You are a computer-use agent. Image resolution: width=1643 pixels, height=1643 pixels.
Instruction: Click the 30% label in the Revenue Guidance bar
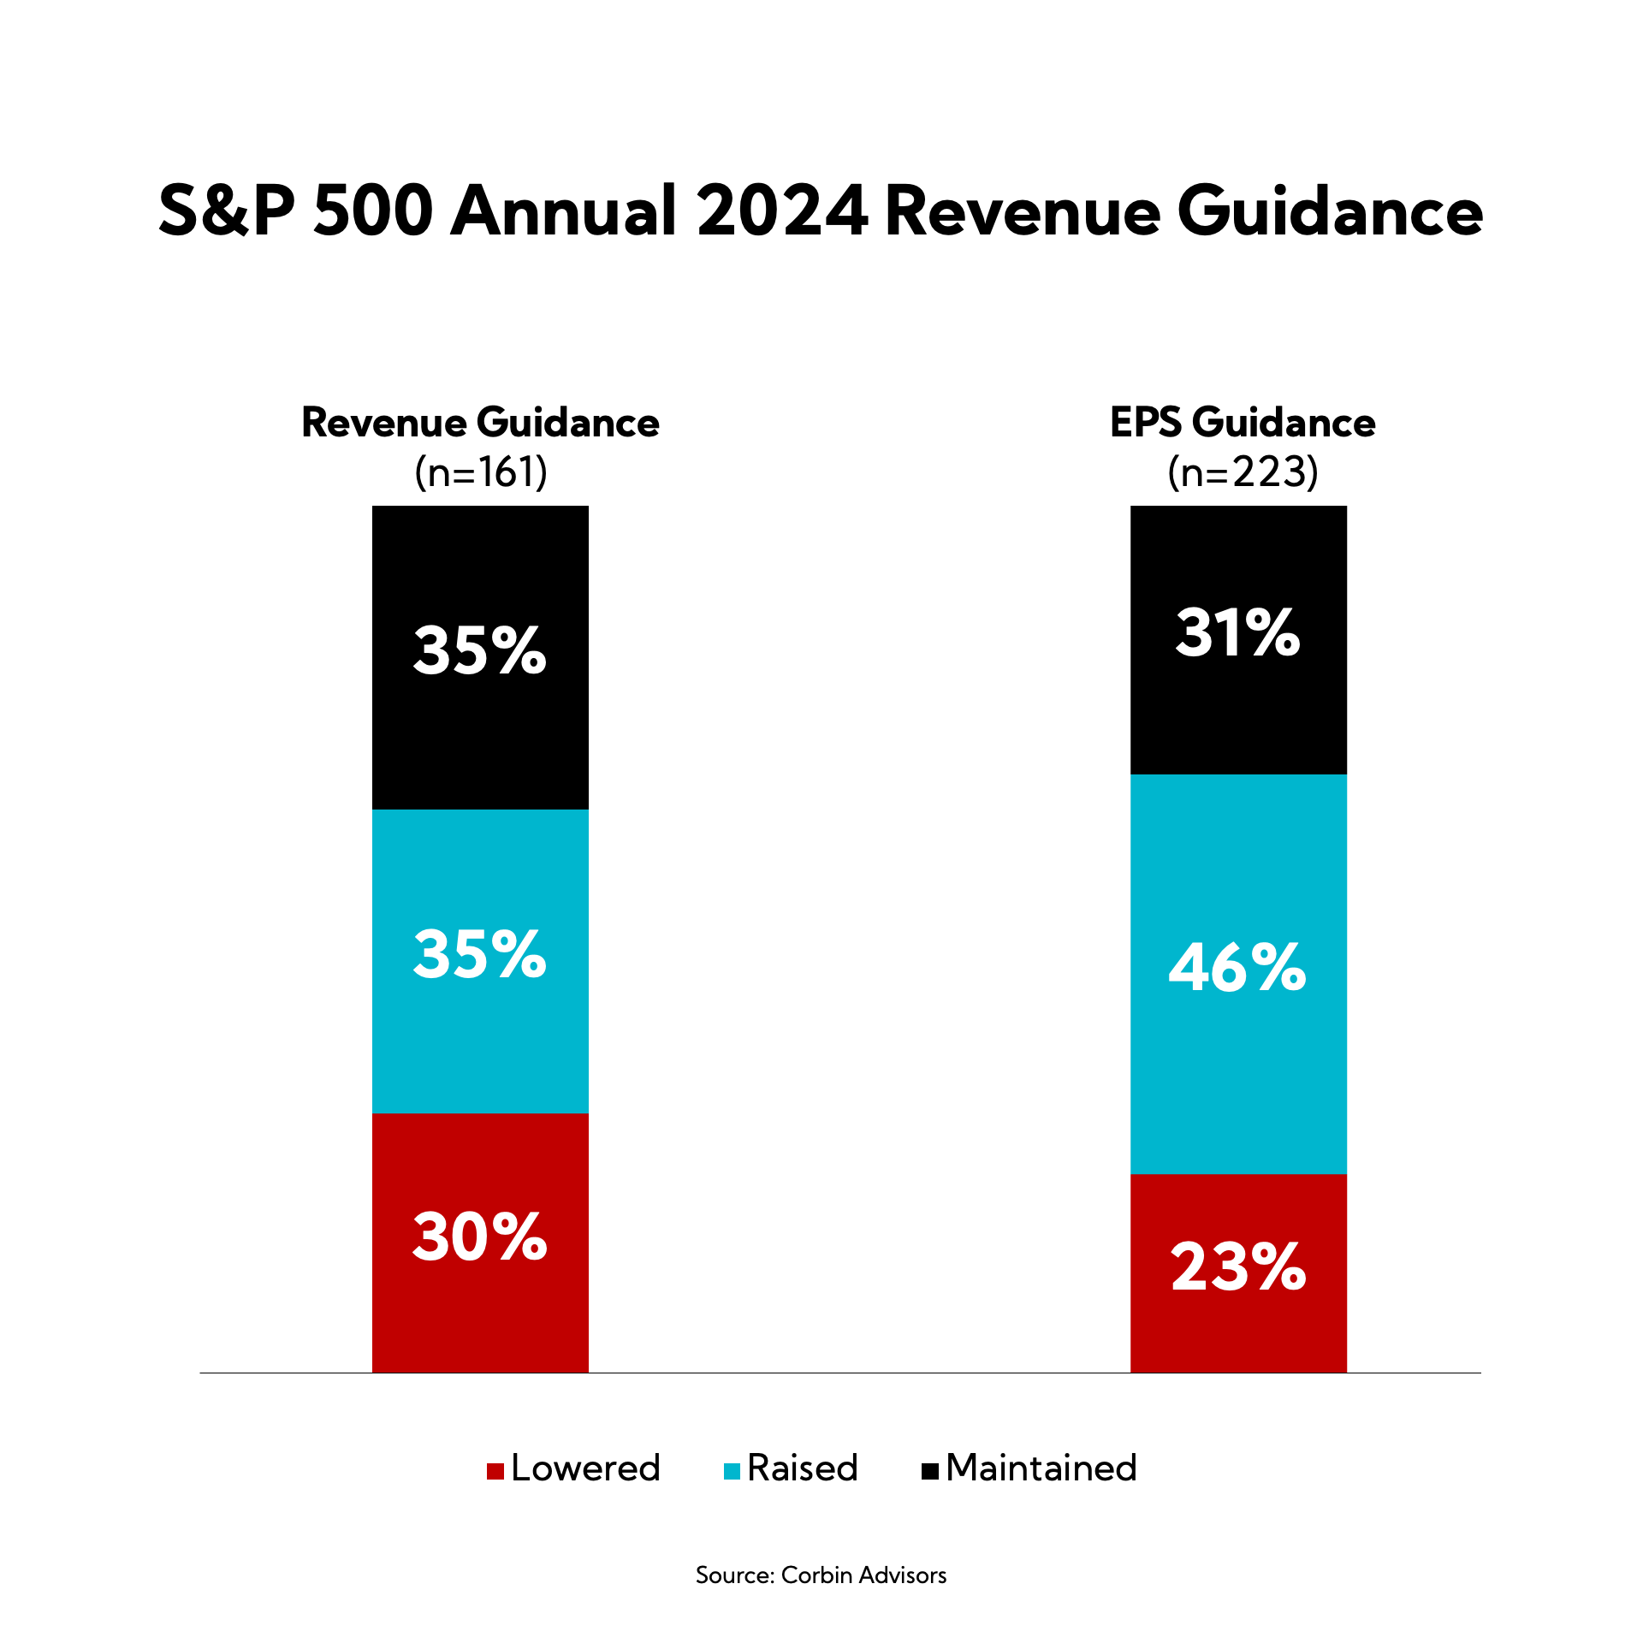479,1237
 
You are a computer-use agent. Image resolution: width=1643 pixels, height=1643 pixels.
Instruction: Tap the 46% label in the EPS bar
1237,968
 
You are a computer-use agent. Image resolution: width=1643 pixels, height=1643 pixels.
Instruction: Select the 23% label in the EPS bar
1237,1267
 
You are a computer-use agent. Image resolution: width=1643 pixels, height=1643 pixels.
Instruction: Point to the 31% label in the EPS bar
1237,633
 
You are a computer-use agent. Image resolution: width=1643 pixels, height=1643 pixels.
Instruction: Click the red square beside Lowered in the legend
495,1471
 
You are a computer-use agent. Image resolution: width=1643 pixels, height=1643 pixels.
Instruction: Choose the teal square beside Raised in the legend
732,1471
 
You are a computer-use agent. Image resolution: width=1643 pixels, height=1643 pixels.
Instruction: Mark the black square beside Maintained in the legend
929,1471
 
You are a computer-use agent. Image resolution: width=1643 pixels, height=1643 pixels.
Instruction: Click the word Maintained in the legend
1041,1468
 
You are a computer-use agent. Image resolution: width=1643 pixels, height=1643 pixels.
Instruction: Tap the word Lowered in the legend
585,1468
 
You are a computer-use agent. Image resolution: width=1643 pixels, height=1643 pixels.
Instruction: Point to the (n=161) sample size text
481,472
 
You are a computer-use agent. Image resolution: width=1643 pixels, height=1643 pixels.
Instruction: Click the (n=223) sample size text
1243,472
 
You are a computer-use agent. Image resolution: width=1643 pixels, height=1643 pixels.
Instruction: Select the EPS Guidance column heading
1243,423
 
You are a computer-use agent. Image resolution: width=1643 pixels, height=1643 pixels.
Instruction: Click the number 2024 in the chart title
782,211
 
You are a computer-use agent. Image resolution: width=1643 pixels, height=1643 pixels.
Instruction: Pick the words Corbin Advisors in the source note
863,1575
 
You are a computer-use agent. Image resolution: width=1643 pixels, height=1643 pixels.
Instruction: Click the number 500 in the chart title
373,211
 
